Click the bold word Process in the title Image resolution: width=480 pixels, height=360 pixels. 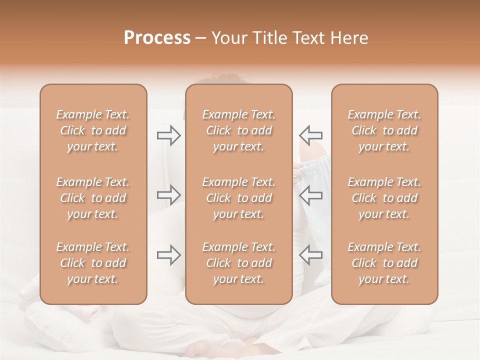click(157, 38)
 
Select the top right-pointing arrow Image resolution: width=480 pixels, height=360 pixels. click(168, 135)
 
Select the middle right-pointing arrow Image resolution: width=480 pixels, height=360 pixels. click(168, 195)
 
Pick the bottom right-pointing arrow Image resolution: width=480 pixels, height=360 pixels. click(168, 255)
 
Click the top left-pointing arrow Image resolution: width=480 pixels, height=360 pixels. click(310, 135)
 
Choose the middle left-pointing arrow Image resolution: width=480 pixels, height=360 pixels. click(310, 195)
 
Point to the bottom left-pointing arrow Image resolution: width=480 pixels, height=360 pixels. click(310, 255)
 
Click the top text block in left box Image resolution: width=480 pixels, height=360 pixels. click(93, 130)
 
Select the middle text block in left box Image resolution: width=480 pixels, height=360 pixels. click(93, 198)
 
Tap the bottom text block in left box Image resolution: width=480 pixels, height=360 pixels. click(93, 263)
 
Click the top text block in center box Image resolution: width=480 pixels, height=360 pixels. click(239, 130)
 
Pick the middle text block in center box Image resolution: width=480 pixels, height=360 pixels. click(239, 198)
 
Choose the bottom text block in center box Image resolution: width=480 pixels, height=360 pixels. click(239, 263)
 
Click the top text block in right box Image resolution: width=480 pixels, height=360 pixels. click(384, 130)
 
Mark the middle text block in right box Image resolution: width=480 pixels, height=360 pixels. click(384, 198)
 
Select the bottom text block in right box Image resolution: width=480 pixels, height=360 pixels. click(384, 263)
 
